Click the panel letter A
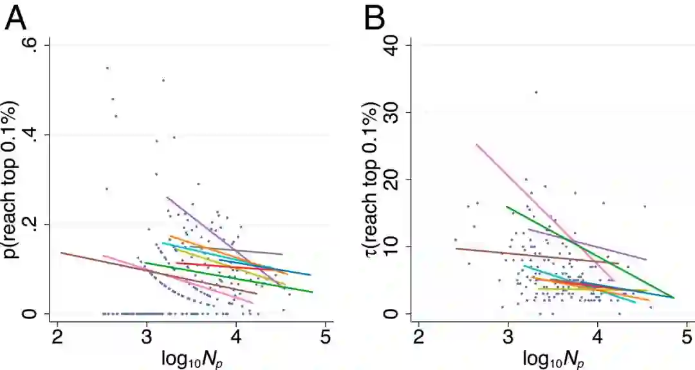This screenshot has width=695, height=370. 16,19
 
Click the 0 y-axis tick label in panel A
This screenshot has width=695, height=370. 32,314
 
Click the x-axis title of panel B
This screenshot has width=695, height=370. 551,358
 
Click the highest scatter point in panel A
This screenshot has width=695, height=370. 107,68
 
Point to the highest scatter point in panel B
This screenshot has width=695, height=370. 535,92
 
